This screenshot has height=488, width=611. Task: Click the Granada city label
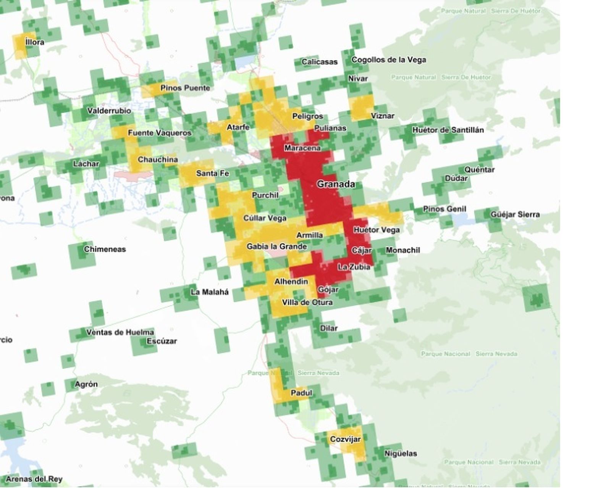(336, 184)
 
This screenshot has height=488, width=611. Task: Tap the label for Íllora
(35, 42)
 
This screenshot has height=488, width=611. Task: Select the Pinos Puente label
(185, 88)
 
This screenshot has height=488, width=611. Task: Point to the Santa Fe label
(212, 173)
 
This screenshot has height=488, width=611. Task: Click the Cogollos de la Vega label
(388, 60)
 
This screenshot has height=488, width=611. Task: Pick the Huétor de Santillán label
(448, 130)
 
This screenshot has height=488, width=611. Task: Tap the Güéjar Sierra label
(515, 214)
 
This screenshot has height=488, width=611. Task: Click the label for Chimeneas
(105, 249)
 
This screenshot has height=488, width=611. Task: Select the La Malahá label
(210, 292)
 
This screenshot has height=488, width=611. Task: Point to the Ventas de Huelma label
(120, 332)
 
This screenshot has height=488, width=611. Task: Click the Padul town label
(301, 393)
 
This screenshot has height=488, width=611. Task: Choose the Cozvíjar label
(345, 439)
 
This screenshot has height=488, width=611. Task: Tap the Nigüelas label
(401, 453)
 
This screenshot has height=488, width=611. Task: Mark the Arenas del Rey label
(34, 479)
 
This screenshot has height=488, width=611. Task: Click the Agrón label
(86, 384)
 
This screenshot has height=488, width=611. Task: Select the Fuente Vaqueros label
(159, 133)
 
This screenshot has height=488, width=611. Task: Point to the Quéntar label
(479, 169)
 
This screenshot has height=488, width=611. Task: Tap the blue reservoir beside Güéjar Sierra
(462, 219)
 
